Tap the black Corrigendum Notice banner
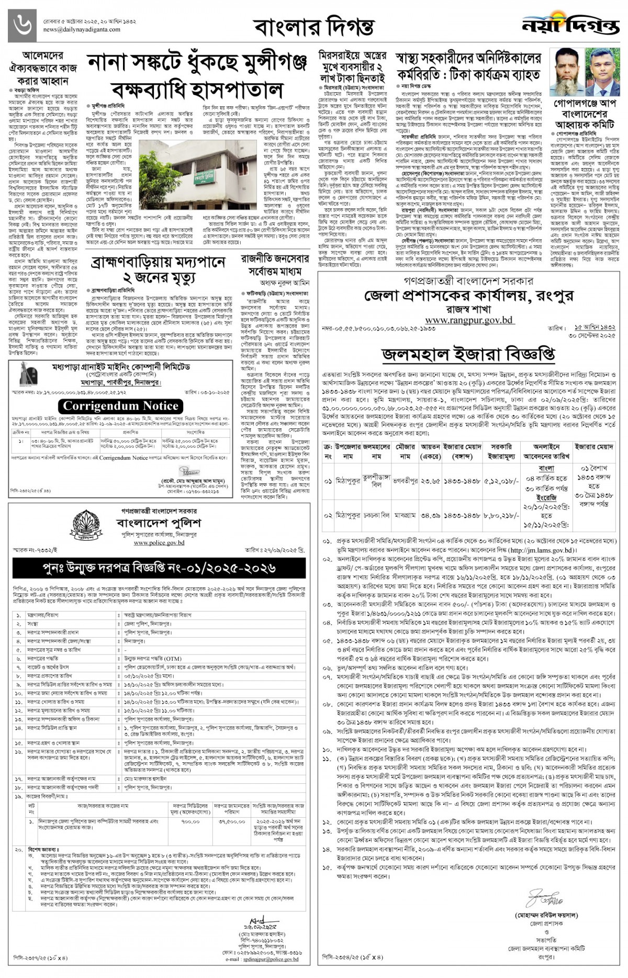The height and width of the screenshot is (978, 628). (x=121, y=406)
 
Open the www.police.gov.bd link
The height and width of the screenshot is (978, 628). (x=159, y=543)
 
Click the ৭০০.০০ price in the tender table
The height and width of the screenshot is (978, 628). (x=190, y=822)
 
